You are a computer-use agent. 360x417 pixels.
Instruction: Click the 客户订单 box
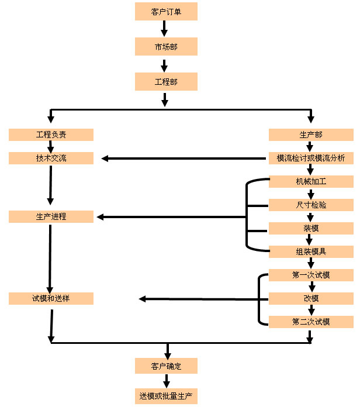point(166,12)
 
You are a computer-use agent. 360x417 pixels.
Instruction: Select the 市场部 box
point(166,47)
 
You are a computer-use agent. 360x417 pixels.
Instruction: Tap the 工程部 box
point(166,82)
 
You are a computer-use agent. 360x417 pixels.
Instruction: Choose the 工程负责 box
point(51,135)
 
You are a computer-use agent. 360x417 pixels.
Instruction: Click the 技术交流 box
point(51,158)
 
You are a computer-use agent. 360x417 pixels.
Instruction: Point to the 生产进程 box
point(51,216)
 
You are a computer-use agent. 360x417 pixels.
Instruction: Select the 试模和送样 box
point(51,298)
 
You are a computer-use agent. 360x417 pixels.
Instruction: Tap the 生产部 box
point(311,135)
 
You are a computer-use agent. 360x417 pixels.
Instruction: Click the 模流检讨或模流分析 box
point(311,158)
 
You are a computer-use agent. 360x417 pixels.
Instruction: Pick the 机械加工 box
point(311,181)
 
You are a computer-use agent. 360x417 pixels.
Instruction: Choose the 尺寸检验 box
point(311,205)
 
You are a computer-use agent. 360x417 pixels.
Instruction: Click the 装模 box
point(311,228)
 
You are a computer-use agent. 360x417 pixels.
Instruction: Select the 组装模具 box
point(311,251)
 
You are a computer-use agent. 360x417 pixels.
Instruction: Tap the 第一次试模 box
point(311,275)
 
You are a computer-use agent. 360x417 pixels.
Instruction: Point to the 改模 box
point(311,298)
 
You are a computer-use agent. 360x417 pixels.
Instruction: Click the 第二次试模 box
point(311,322)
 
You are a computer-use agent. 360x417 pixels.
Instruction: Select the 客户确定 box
point(166,367)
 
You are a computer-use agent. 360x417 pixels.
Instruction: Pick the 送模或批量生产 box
point(166,396)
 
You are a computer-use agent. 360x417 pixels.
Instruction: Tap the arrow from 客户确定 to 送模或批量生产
point(167,381)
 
